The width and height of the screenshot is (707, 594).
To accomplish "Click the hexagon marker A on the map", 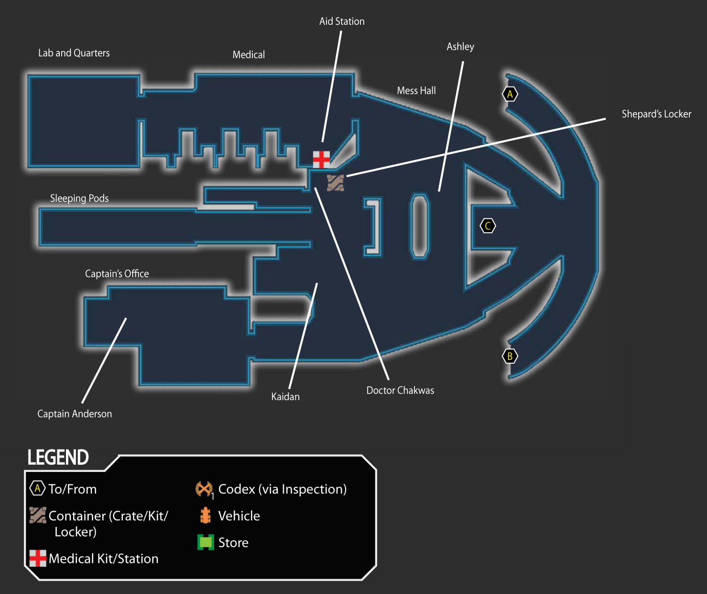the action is click(x=510, y=94).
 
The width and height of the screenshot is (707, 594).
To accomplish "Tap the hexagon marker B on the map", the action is click(x=510, y=356).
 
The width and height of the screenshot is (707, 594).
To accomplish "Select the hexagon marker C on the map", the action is click(x=488, y=226).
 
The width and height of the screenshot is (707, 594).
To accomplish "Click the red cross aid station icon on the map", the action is click(x=321, y=159).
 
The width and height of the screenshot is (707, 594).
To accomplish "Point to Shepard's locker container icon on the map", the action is click(x=336, y=183).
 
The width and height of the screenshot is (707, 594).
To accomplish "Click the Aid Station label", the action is click(x=342, y=22).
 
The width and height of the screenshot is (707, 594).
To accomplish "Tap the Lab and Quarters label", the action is click(x=74, y=53).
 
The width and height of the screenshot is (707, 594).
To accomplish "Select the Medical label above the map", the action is click(x=249, y=55).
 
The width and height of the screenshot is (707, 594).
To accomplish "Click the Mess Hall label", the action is click(x=416, y=90).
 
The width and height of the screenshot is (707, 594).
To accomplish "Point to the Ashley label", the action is click(x=460, y=47).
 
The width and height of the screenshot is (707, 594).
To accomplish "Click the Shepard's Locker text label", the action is click(x=656, y=114).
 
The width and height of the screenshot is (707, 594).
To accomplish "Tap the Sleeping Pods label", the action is click(x=79, y=198).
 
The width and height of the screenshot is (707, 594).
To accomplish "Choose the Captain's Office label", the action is click(x=117, y=274).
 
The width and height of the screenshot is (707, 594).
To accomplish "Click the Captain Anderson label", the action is click(x=75, y=414).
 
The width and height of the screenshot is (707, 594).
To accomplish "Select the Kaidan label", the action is click(x=285, y=397).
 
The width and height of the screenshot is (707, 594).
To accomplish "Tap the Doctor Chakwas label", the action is click(x=400, y=390).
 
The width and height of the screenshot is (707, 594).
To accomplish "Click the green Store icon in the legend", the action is click(x=206, y=542).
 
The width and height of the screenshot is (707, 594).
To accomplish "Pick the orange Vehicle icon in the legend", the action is click(x=205, y=516).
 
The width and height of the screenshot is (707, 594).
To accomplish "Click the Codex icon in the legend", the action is click(x=204, y=489).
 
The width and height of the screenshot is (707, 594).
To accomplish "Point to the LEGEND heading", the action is click(x=58, y=458).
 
